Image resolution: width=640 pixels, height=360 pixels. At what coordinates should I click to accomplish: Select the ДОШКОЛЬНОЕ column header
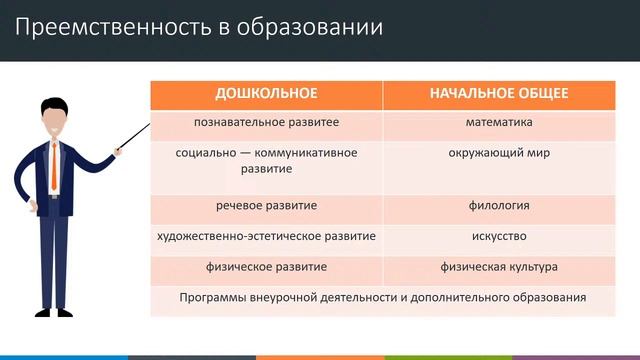pos(266,93)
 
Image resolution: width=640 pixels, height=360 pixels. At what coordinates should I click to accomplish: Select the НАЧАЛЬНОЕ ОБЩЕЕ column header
pos(499,93)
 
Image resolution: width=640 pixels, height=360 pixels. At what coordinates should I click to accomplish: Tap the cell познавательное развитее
pos(266,123)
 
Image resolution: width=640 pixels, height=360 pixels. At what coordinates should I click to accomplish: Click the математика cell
pos(499,123)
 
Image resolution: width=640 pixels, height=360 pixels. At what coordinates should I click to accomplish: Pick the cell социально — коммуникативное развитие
pos(266,161)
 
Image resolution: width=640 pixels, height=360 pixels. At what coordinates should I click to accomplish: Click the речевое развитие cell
pos(266,206)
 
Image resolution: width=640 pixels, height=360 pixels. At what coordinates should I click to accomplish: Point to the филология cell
pos(499,206)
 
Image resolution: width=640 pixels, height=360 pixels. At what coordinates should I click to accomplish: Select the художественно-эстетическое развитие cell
pos(266,237)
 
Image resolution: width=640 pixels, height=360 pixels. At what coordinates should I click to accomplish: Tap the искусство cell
pos(499,237)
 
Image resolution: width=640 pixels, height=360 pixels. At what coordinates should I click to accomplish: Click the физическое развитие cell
pos(266,268)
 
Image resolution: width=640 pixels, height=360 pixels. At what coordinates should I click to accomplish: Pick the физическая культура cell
pos(499,268)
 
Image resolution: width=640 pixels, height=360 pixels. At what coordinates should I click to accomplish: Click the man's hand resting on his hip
pos(31,205)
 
